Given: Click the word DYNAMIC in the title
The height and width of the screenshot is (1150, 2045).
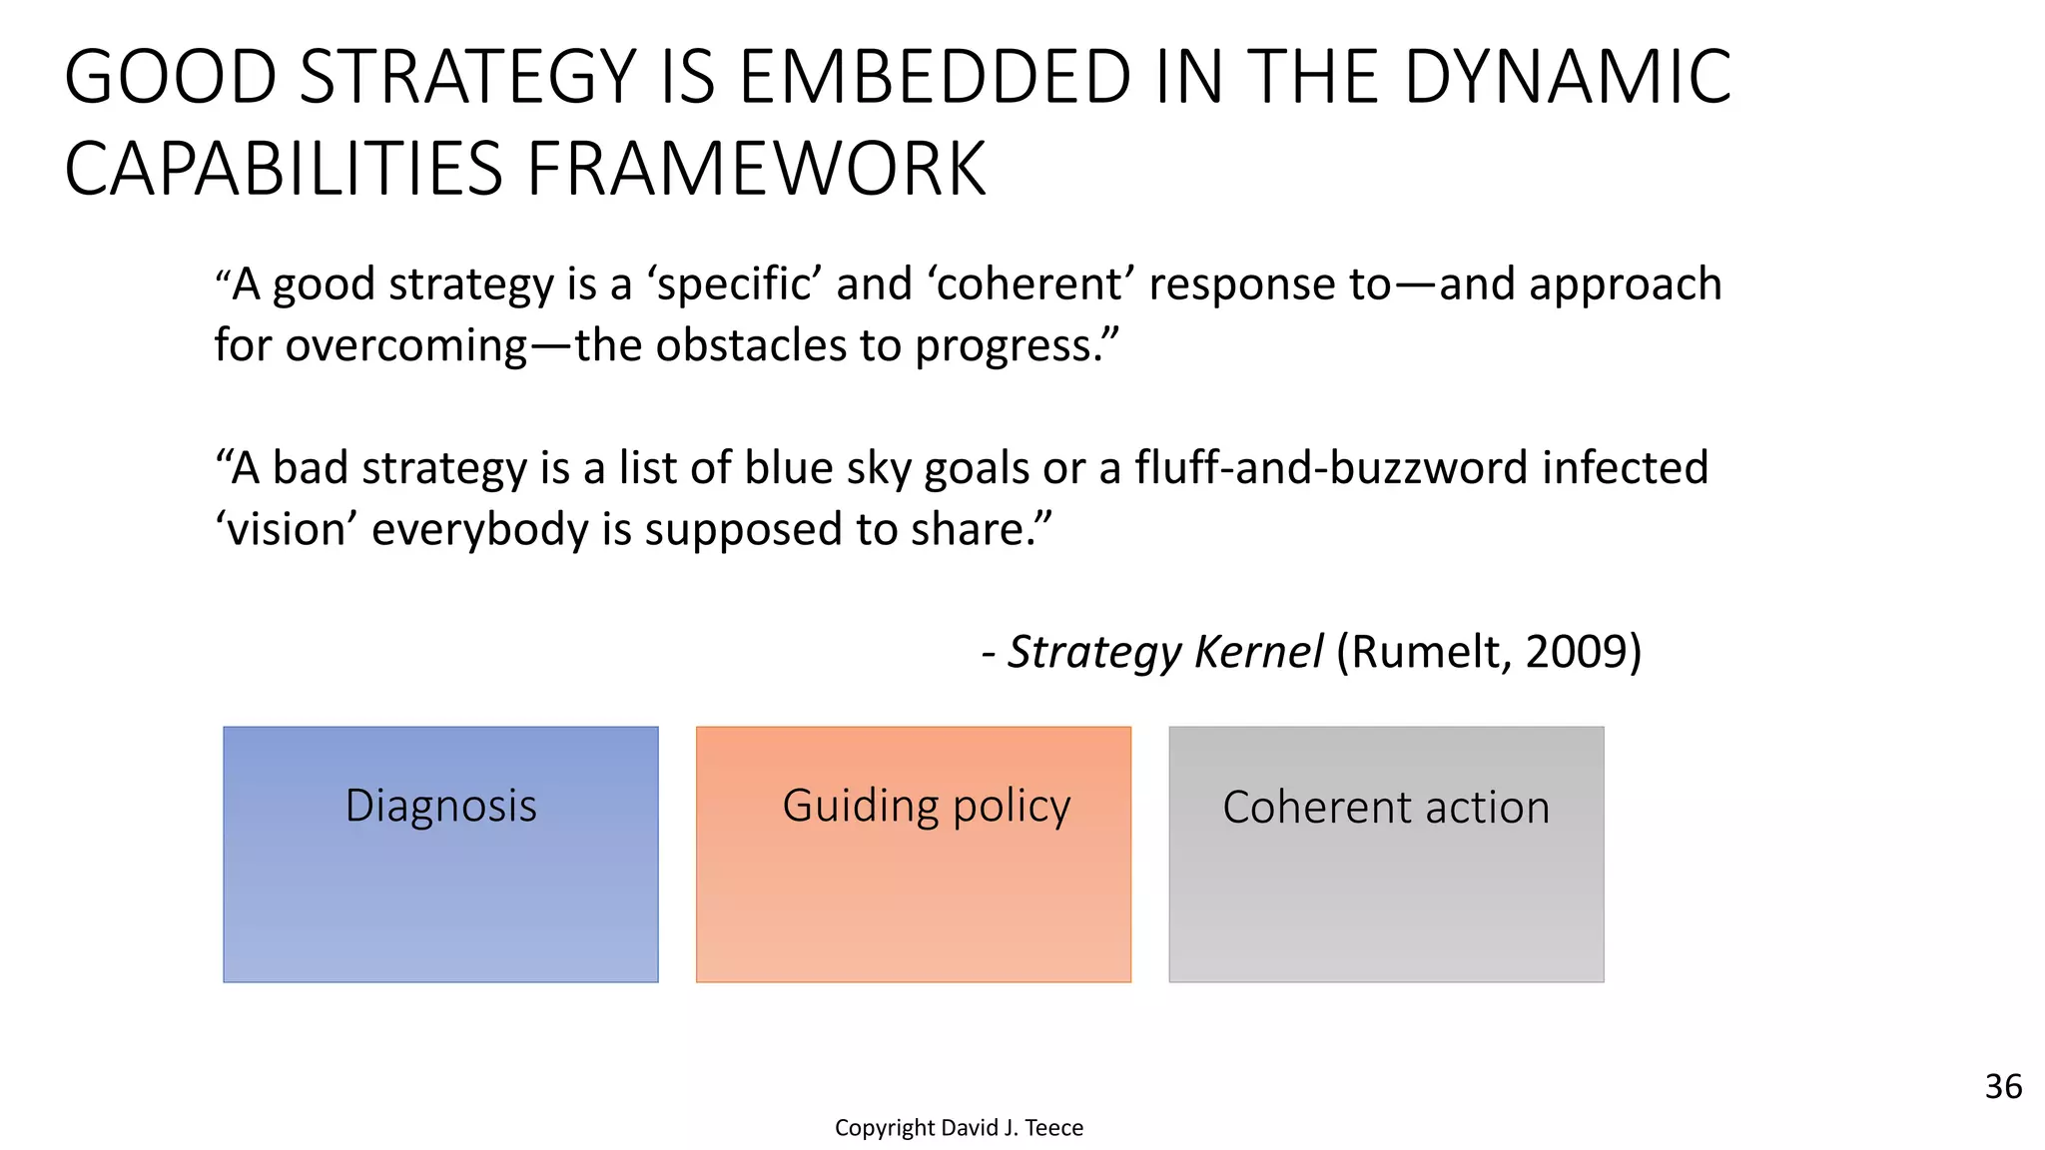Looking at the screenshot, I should point(1568,78).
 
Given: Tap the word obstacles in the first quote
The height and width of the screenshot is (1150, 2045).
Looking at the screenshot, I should point(751,346).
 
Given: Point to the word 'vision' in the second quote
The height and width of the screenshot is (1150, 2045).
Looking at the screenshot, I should point(286,530).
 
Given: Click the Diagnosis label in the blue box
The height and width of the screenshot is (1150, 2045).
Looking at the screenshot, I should point(440,807).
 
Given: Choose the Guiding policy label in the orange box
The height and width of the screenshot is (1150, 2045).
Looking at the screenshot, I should point(926,807).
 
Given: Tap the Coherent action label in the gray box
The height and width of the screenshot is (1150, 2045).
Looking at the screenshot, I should point(1386,808).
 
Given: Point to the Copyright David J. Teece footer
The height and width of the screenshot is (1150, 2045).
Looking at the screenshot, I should point(959,1128).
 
